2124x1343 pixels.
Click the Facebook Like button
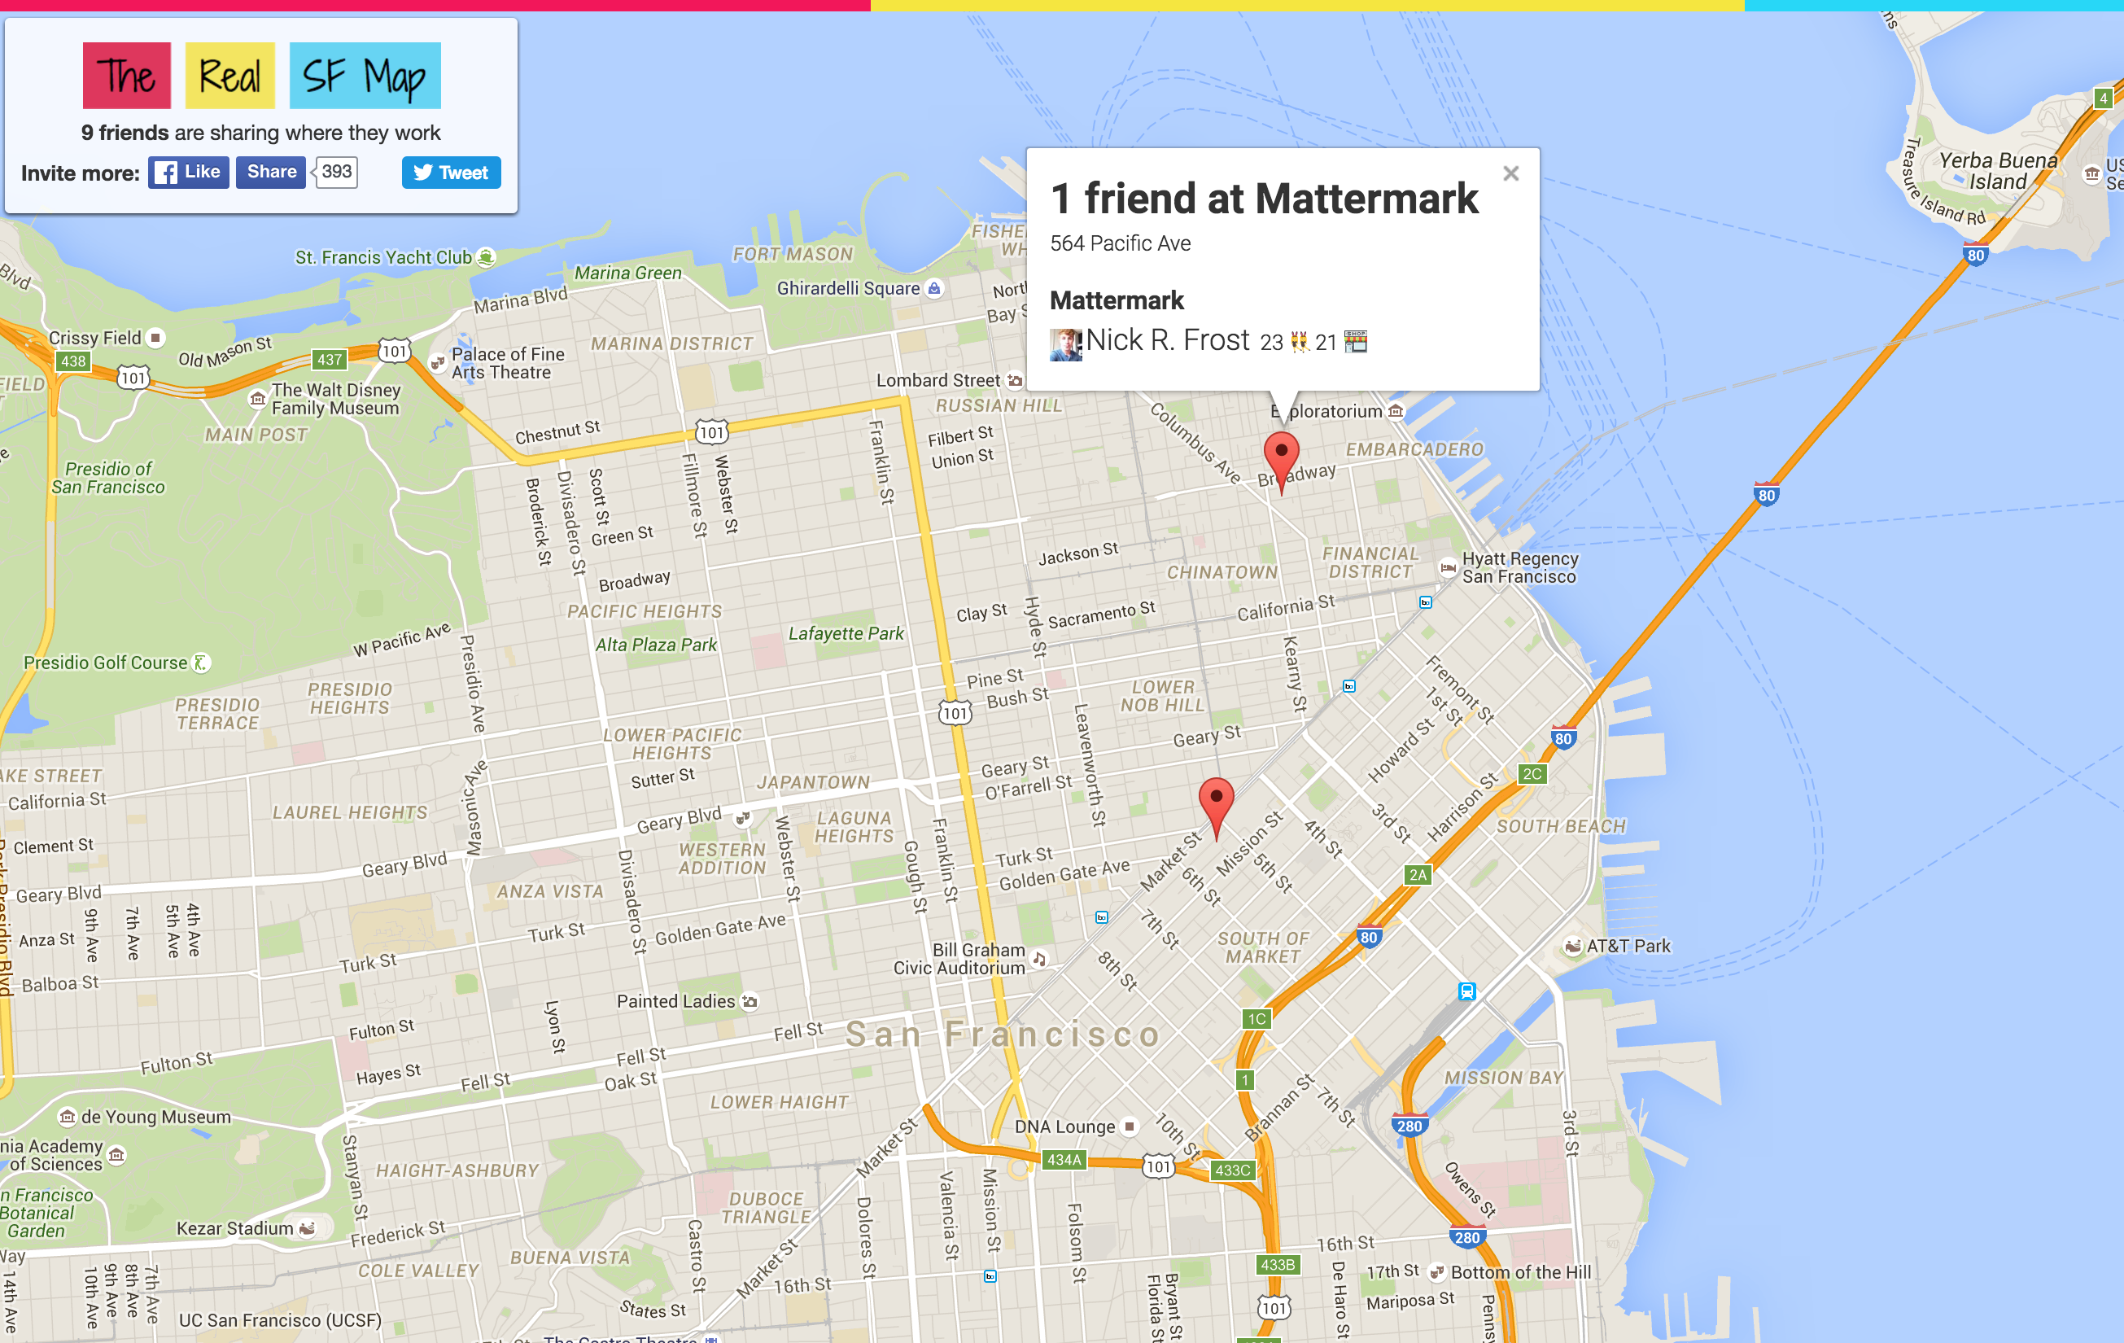pos(189,172)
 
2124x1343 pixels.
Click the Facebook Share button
pos(271,172)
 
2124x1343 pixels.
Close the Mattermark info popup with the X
pos(1511,174)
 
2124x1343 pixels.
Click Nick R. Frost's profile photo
pos(1065,344)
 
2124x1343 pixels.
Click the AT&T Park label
pos(1628,946)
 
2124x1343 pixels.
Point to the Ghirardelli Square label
pos(848,289)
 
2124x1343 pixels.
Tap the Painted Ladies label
pos(675,1001)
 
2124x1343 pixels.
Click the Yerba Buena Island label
pos(1998,171)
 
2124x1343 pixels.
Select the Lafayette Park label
pos(845,632)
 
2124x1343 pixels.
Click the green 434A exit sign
pos(1064,1160)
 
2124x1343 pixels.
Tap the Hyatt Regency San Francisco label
pos(1519,567)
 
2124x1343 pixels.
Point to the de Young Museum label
pos(155,1117)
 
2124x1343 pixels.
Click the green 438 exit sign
pos(73,361)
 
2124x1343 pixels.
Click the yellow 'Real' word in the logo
pos(229,76)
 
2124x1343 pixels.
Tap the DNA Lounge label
pos(1064,1126)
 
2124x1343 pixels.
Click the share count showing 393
pos(336,172)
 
